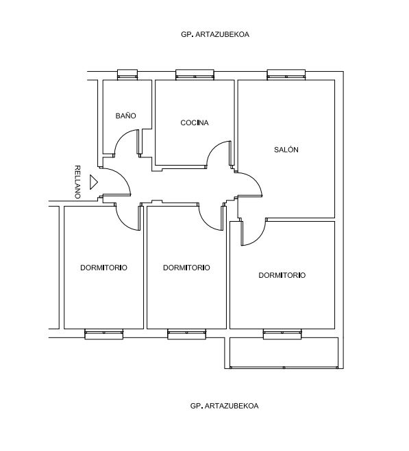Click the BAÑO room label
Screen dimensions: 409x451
[x=125, y=116]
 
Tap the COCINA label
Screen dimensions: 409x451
[x=195, y=123]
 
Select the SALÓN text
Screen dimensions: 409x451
[x=286, y=150]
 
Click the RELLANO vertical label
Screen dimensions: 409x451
[x=77, y=182]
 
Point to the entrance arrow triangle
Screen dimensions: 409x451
[x=93, y=182]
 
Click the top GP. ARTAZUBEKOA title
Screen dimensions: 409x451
[x=215, y=34]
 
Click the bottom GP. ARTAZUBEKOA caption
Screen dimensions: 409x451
[x=224, y=406]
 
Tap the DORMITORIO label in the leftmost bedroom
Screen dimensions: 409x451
[x=103, y=268]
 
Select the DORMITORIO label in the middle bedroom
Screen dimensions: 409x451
[x=186, y=268]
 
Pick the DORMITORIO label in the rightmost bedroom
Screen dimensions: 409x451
[x=282, y=275]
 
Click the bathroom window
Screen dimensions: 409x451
[x=127, y=75]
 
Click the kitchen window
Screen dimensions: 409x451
[x=195, y=75]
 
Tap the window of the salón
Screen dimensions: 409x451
[x=286, y=75]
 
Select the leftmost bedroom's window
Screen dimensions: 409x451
[x=104, y=334]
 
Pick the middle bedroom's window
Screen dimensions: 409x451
[x=186, y=334]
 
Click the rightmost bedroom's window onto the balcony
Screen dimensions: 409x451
[x=282, y=334]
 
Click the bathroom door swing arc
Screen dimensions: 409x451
[x=121, y=136]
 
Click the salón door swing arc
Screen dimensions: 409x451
[x=256, y=181]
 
